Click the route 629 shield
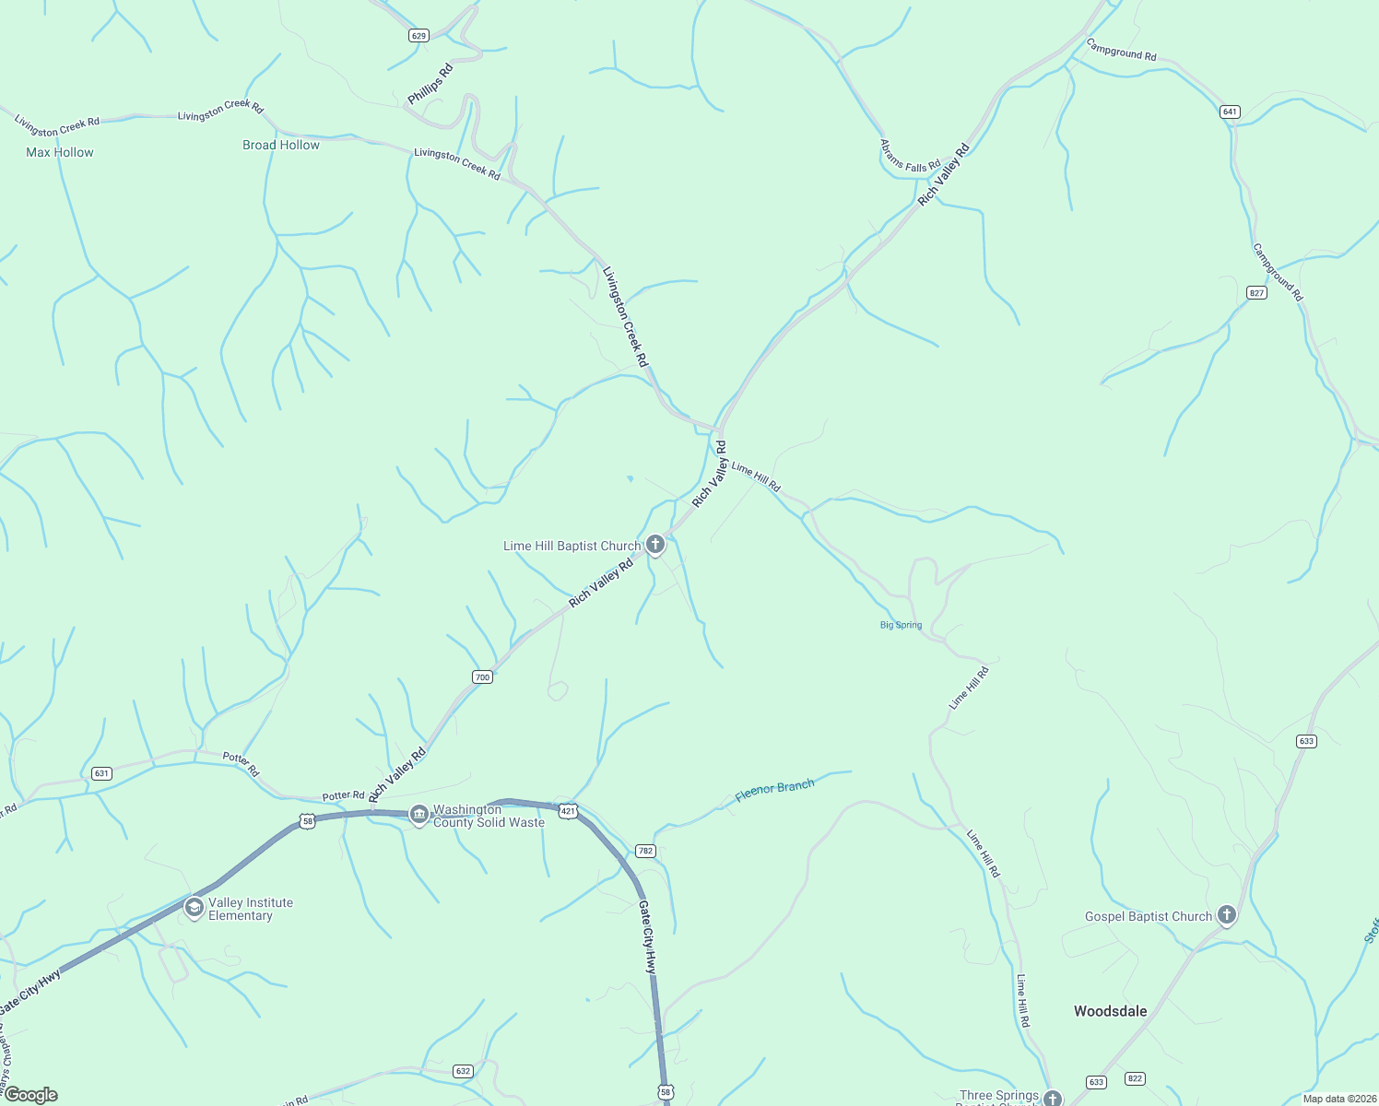tap(418, 36)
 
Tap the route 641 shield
tap(1230, 112)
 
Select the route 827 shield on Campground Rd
tap(1256, 292)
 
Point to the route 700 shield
tap(482, 677)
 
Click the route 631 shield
tap(101, 773)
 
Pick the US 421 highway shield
tap(569, 811)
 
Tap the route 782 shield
tap(645, 851)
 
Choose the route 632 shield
tap(463, 1071)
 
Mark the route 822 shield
tap(1135, 1078)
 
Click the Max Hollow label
tap(60, 152)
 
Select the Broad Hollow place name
tap(281, 145)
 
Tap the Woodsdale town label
tap(1110, 1011)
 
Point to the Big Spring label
tap(901, 625)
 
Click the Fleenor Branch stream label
tap(774, 791)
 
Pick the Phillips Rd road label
tap(430, 84)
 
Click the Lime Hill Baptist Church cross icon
tap(655, 546)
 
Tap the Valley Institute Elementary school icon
tap(194, 909)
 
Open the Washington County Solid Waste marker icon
tap(418, 815)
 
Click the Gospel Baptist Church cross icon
tap(1226, 915)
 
